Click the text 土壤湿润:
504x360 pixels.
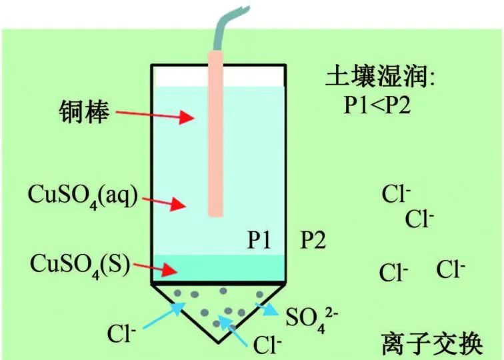click(379, 79)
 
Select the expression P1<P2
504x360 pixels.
click(377, 105)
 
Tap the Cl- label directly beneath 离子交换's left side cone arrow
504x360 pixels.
click(267, 344)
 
